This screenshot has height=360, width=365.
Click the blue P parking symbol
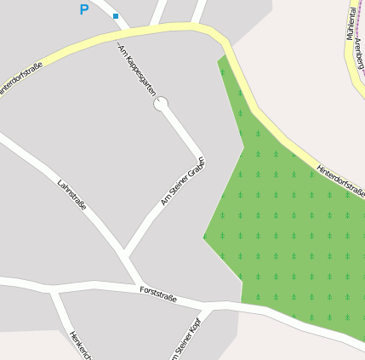point(83,10)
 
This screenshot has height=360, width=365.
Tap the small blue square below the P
point(116,16)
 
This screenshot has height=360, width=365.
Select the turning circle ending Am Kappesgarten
point(161,104)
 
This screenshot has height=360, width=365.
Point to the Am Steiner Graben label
point(183,181)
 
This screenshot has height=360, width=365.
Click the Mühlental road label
point(351,24)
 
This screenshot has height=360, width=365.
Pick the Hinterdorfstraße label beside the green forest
point(340,180)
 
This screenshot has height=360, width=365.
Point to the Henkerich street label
point(80,344)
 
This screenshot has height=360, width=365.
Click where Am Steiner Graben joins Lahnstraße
point(125,253)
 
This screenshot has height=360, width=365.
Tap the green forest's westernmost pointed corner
point(203,237)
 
